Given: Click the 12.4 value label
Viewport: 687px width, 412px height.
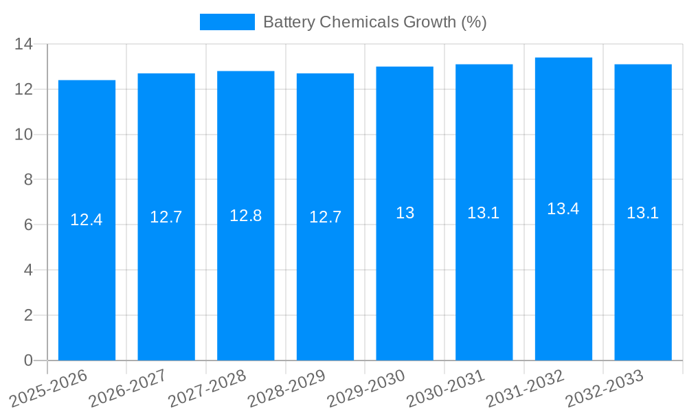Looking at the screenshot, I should (x=87, y=220).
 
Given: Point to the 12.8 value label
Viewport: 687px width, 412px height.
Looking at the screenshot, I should (x=246, y=216).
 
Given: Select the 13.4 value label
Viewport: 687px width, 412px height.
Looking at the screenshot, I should (x=563, y=209).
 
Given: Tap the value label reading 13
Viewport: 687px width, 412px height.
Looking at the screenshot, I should (x=405, y=213).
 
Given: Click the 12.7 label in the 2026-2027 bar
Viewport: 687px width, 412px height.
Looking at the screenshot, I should (x=166, y=217).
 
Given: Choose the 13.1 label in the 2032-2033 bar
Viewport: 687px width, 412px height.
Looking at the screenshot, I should (x=643, y=213).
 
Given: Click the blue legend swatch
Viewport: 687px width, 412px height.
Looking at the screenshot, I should (x=227, y=22).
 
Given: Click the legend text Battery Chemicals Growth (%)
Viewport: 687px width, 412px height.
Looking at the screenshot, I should (x=375, y=22).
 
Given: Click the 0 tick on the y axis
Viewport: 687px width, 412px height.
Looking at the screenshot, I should (x=28, y=360).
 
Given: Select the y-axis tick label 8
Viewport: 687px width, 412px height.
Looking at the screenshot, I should (x=28, y=180).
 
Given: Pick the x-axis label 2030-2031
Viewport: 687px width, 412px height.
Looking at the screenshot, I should (x=445, y=389).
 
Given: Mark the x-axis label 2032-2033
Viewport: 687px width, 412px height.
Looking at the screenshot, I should (x=604, y=389).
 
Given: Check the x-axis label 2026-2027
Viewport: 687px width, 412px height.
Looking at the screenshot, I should (x=127, y=389).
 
